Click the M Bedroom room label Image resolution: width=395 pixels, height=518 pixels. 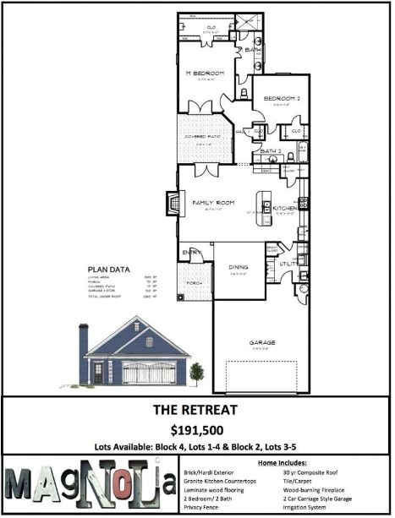pos(206,74)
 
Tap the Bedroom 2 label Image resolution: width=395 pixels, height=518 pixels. pos(282,99)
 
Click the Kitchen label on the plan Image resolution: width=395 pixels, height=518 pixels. pos(284,208)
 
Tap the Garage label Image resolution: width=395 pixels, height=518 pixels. pos(261,343)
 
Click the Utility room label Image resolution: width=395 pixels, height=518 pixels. pos(288,264)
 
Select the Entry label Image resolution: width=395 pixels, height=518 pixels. pos(189,252)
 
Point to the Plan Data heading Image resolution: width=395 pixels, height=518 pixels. pos(110,270)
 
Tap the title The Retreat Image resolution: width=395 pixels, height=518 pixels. pos(196,410)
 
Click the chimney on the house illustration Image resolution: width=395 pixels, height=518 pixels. pos(83,351)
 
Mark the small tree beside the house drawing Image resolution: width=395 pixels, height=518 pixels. pos(197,372)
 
